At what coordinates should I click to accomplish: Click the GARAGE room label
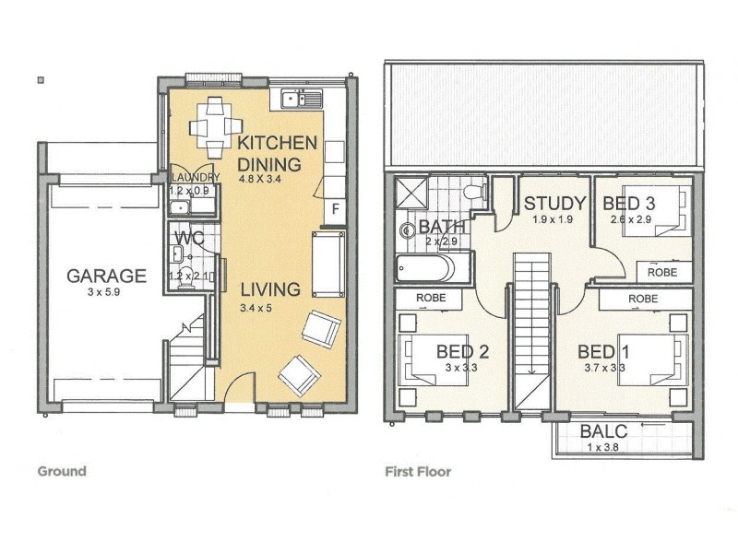tap(106, 275)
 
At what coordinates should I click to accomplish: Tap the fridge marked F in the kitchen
tap(336, 209)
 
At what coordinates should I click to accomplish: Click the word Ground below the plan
tap(62, 471)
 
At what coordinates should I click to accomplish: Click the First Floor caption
tap(418, 472)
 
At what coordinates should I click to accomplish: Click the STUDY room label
tap(554, 203)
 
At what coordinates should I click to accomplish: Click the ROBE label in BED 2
tap(432, 299)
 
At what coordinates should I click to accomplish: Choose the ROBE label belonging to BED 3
tap(662, 273)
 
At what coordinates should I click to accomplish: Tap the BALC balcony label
tap(604, 432)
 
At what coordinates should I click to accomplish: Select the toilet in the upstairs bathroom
tap(474, 193)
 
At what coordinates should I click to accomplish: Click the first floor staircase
tap(530, 332)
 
